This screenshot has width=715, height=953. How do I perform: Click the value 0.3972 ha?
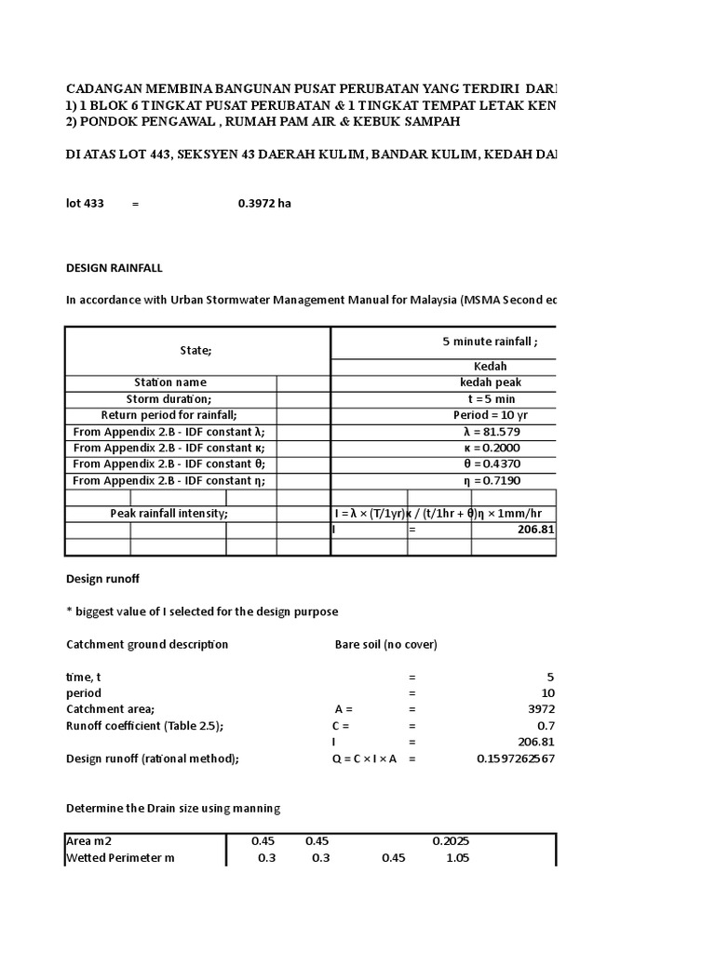coord(264,204)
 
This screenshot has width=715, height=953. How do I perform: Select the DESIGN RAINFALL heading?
coord(114,268)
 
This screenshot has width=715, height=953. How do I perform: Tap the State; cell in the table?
coord(196,350)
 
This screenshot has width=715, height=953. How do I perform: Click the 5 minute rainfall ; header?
coord(490,342)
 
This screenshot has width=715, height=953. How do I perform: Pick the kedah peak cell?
coord(490,383)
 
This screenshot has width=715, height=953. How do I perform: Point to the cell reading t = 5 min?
coord(490,399)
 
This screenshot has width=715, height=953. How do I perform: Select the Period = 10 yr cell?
coord(490,415)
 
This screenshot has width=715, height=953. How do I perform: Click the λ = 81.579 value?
coord(490,432)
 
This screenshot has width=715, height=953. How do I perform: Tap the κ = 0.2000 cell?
coord(490,448)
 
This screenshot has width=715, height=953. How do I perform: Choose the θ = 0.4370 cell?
coord(490,464)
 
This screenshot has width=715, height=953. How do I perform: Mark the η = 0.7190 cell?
coord(490,480)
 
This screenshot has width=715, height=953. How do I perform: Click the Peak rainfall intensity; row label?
coord(169,514)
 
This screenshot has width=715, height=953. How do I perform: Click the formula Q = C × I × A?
coord(365,758)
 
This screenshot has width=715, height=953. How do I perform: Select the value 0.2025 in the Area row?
coord(451,841)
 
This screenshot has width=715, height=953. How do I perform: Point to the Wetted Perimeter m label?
coord(120,858)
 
